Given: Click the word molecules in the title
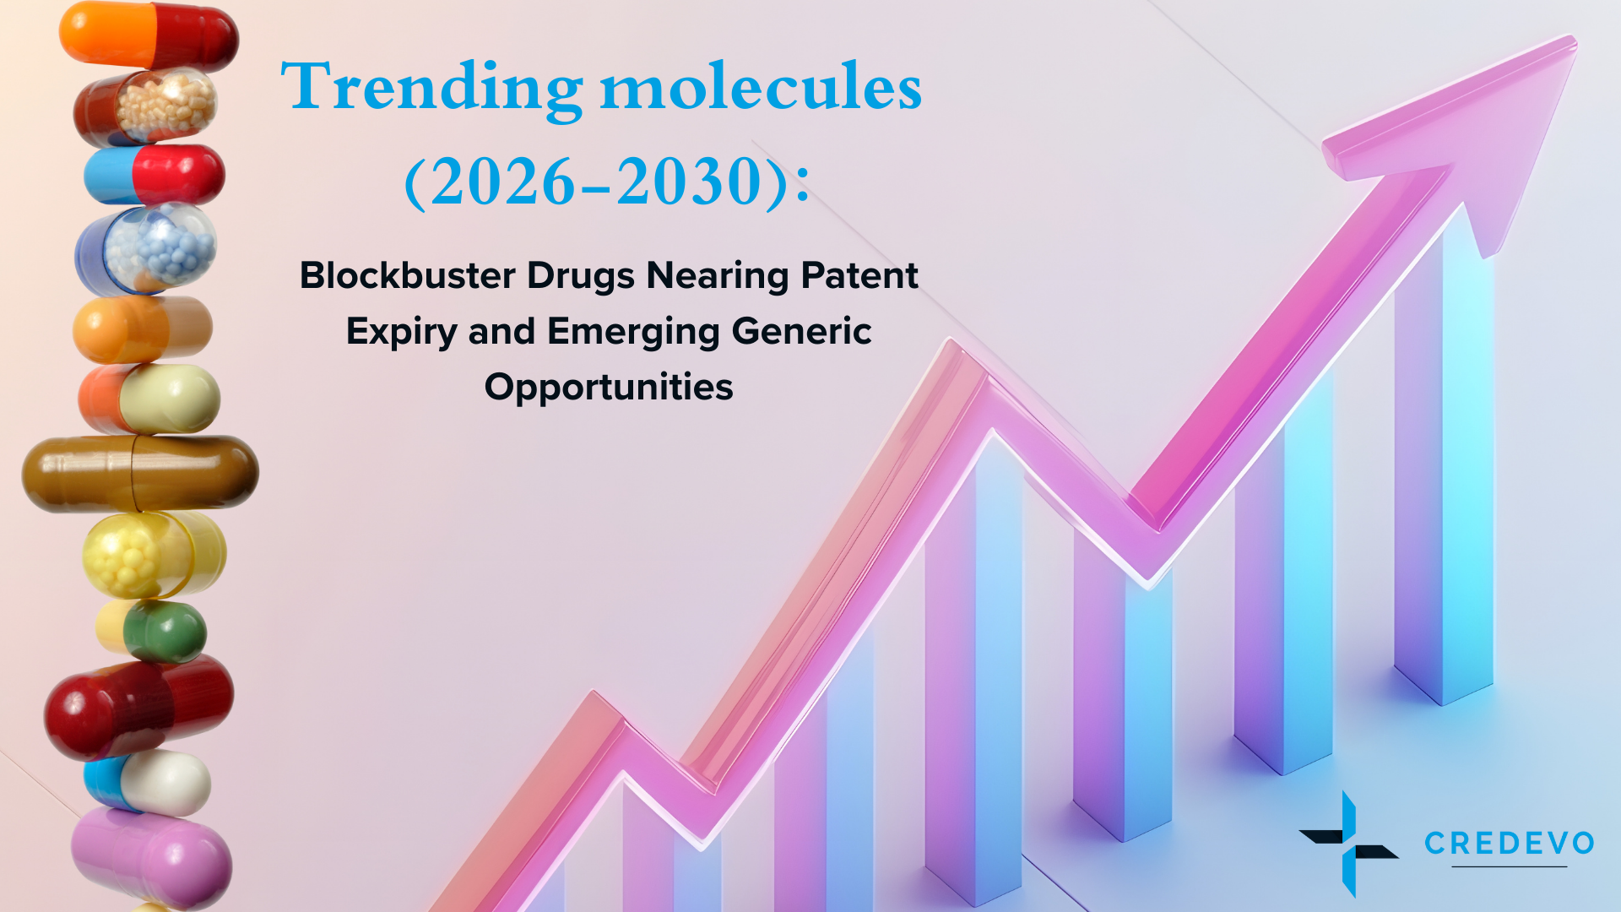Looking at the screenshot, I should click(760, 88).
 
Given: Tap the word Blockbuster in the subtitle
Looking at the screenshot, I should click(408, 276).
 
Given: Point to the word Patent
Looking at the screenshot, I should click(859, 276).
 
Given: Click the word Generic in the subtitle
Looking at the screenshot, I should click(801, 331).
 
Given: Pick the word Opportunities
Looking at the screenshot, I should click(609, 387).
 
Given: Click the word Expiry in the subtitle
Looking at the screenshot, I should click(401, 331).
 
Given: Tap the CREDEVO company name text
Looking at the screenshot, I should click(1509, 843).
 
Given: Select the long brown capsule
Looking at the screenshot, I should click(140, 473).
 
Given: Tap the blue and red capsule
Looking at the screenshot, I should click(155, 175).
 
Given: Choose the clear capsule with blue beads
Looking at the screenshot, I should click(148, 247).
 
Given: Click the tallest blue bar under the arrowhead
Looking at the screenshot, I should click(1444, 473).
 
